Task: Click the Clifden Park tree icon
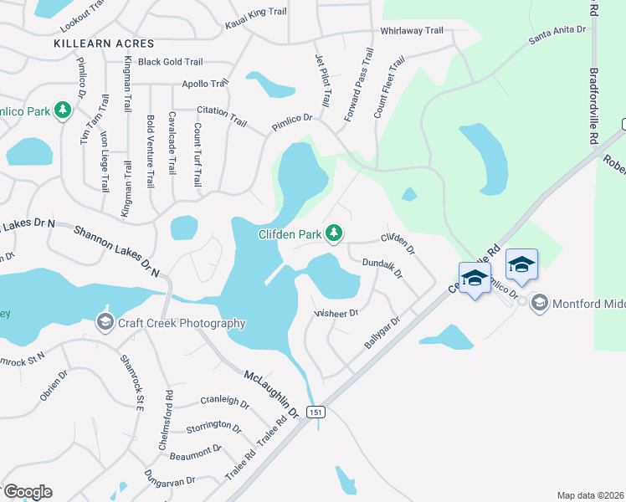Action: [334, 233]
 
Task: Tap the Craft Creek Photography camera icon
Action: [105, 321]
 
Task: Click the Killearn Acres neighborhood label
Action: [104, 43]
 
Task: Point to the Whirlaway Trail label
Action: [412, 31]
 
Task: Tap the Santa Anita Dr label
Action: [558, 34]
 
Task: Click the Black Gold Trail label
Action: [171, 62]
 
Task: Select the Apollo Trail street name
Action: [205, 84]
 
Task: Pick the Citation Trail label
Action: [222, 115]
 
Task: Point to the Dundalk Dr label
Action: [382, 268]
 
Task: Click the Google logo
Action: [28, 492]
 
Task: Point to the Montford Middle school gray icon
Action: [540, 302]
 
